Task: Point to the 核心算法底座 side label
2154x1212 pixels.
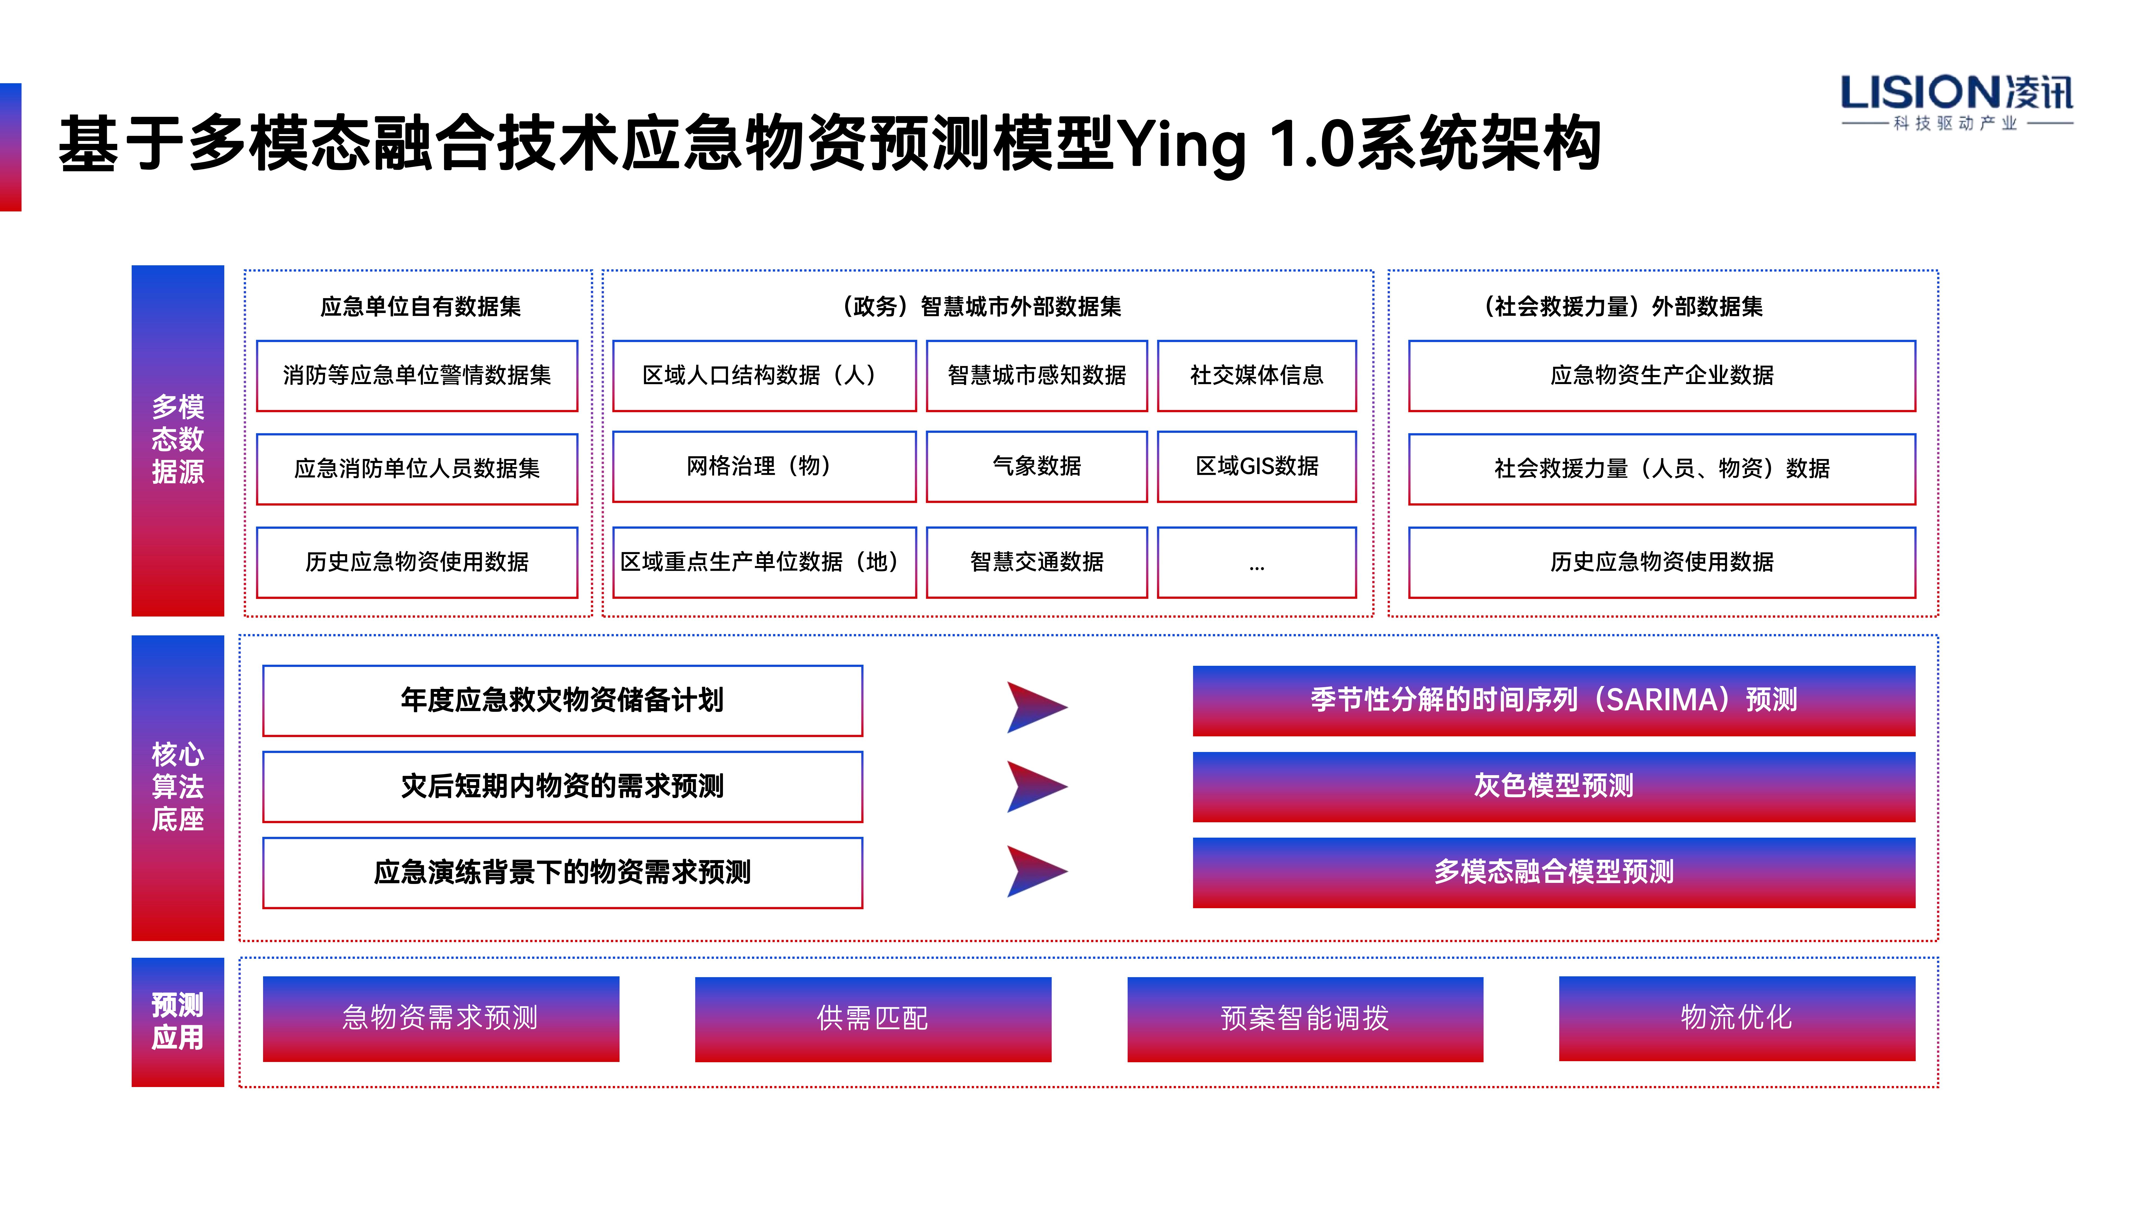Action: (x=177, y=787)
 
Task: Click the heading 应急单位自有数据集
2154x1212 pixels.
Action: (x=420, y=307)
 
